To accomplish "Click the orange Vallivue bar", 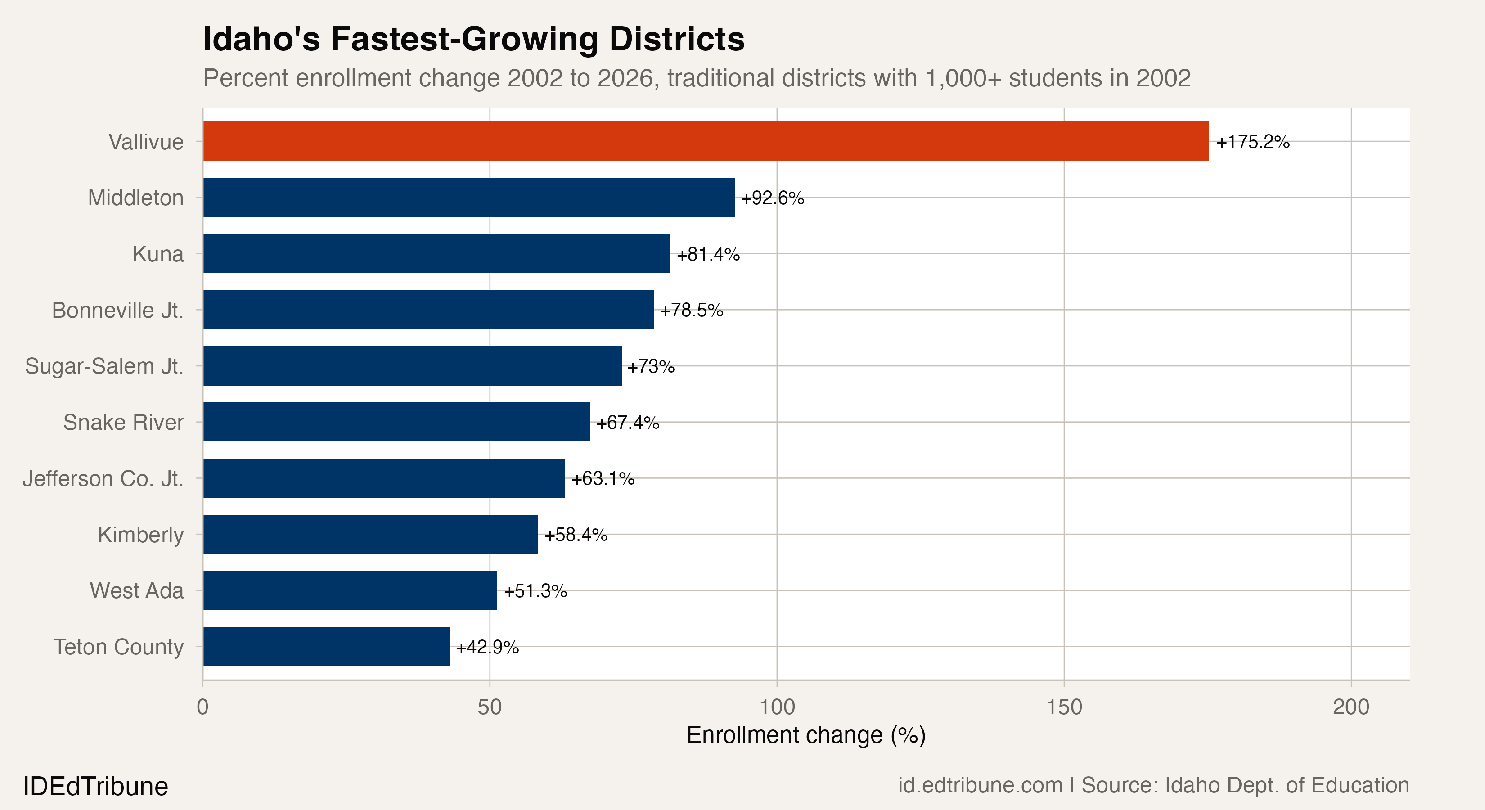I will pyautogui.click(x=706, y=141).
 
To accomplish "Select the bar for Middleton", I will pyautogui.click(x=468, y=197).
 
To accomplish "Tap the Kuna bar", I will pyautogui.click(x=436, y=254).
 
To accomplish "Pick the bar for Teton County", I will pyautogui.click(x=326, y=646).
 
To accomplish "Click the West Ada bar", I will pyautogui.click(x=350, y=590).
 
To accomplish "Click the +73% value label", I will pyautogui.click(x=651, y=366).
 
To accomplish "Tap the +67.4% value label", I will pyautogui.click(x=627, y=423).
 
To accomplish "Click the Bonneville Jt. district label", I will pyautogui.click(x=117, y=310).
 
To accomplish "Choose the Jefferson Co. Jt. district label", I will pyautogui.click(x=103, y=478).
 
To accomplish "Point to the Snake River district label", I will pyautogui.click(x=123, y=422).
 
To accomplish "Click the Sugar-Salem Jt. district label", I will pyautogui.click(x=104, y=366).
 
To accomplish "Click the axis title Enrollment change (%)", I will pyautogui.click(x=805, y=735).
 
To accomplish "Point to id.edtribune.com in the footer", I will pyautogui.click(x=980, y=785).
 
